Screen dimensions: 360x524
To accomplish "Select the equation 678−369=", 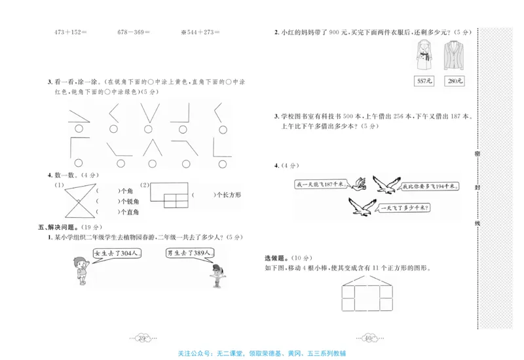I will (134, 31).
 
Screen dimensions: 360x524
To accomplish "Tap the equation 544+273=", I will (200, 31).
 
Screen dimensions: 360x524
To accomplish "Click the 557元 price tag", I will (424, 81).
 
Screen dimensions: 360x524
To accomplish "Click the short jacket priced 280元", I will (453, 56).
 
